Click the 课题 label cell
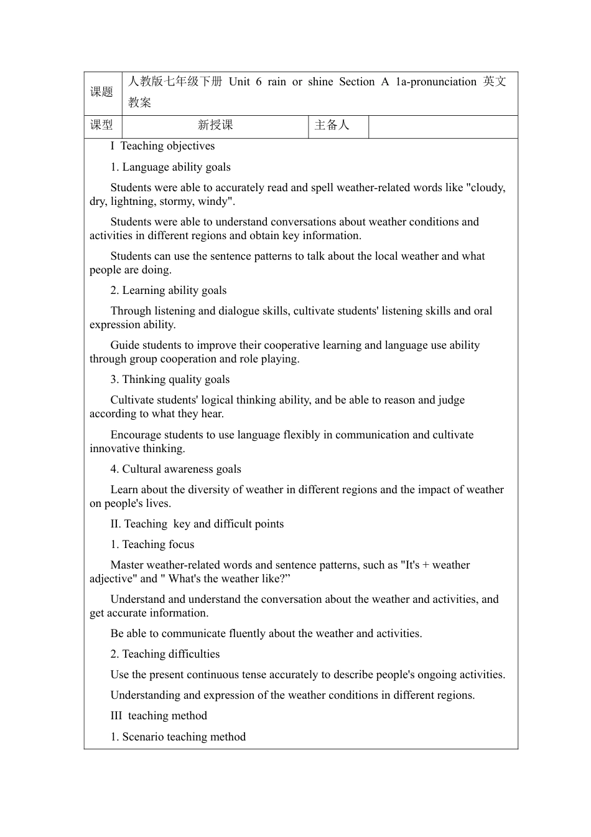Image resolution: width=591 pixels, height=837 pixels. pos(102,92)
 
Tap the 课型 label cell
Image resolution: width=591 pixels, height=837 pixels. pos(102,125)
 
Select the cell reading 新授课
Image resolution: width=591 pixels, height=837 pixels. pos(215,125)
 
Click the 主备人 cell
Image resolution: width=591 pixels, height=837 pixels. pos(332,125)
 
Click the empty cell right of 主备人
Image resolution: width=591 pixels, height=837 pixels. pos(443,126)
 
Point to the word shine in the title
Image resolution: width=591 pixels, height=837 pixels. pos(320,82)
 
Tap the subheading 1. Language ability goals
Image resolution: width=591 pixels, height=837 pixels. pos(170,167)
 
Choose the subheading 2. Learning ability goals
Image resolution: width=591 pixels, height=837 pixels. pos(168,290)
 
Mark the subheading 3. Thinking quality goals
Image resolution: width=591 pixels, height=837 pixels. pos(170,379)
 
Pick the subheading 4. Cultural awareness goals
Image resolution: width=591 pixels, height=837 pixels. pos(175,469)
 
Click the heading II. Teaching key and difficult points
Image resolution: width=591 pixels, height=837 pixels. pos(197,524)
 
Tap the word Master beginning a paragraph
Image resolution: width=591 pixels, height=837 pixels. pos(127,565)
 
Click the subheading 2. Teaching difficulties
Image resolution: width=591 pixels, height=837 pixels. pos(165,654)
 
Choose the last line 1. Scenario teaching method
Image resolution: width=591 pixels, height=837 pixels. pos(178,737)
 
